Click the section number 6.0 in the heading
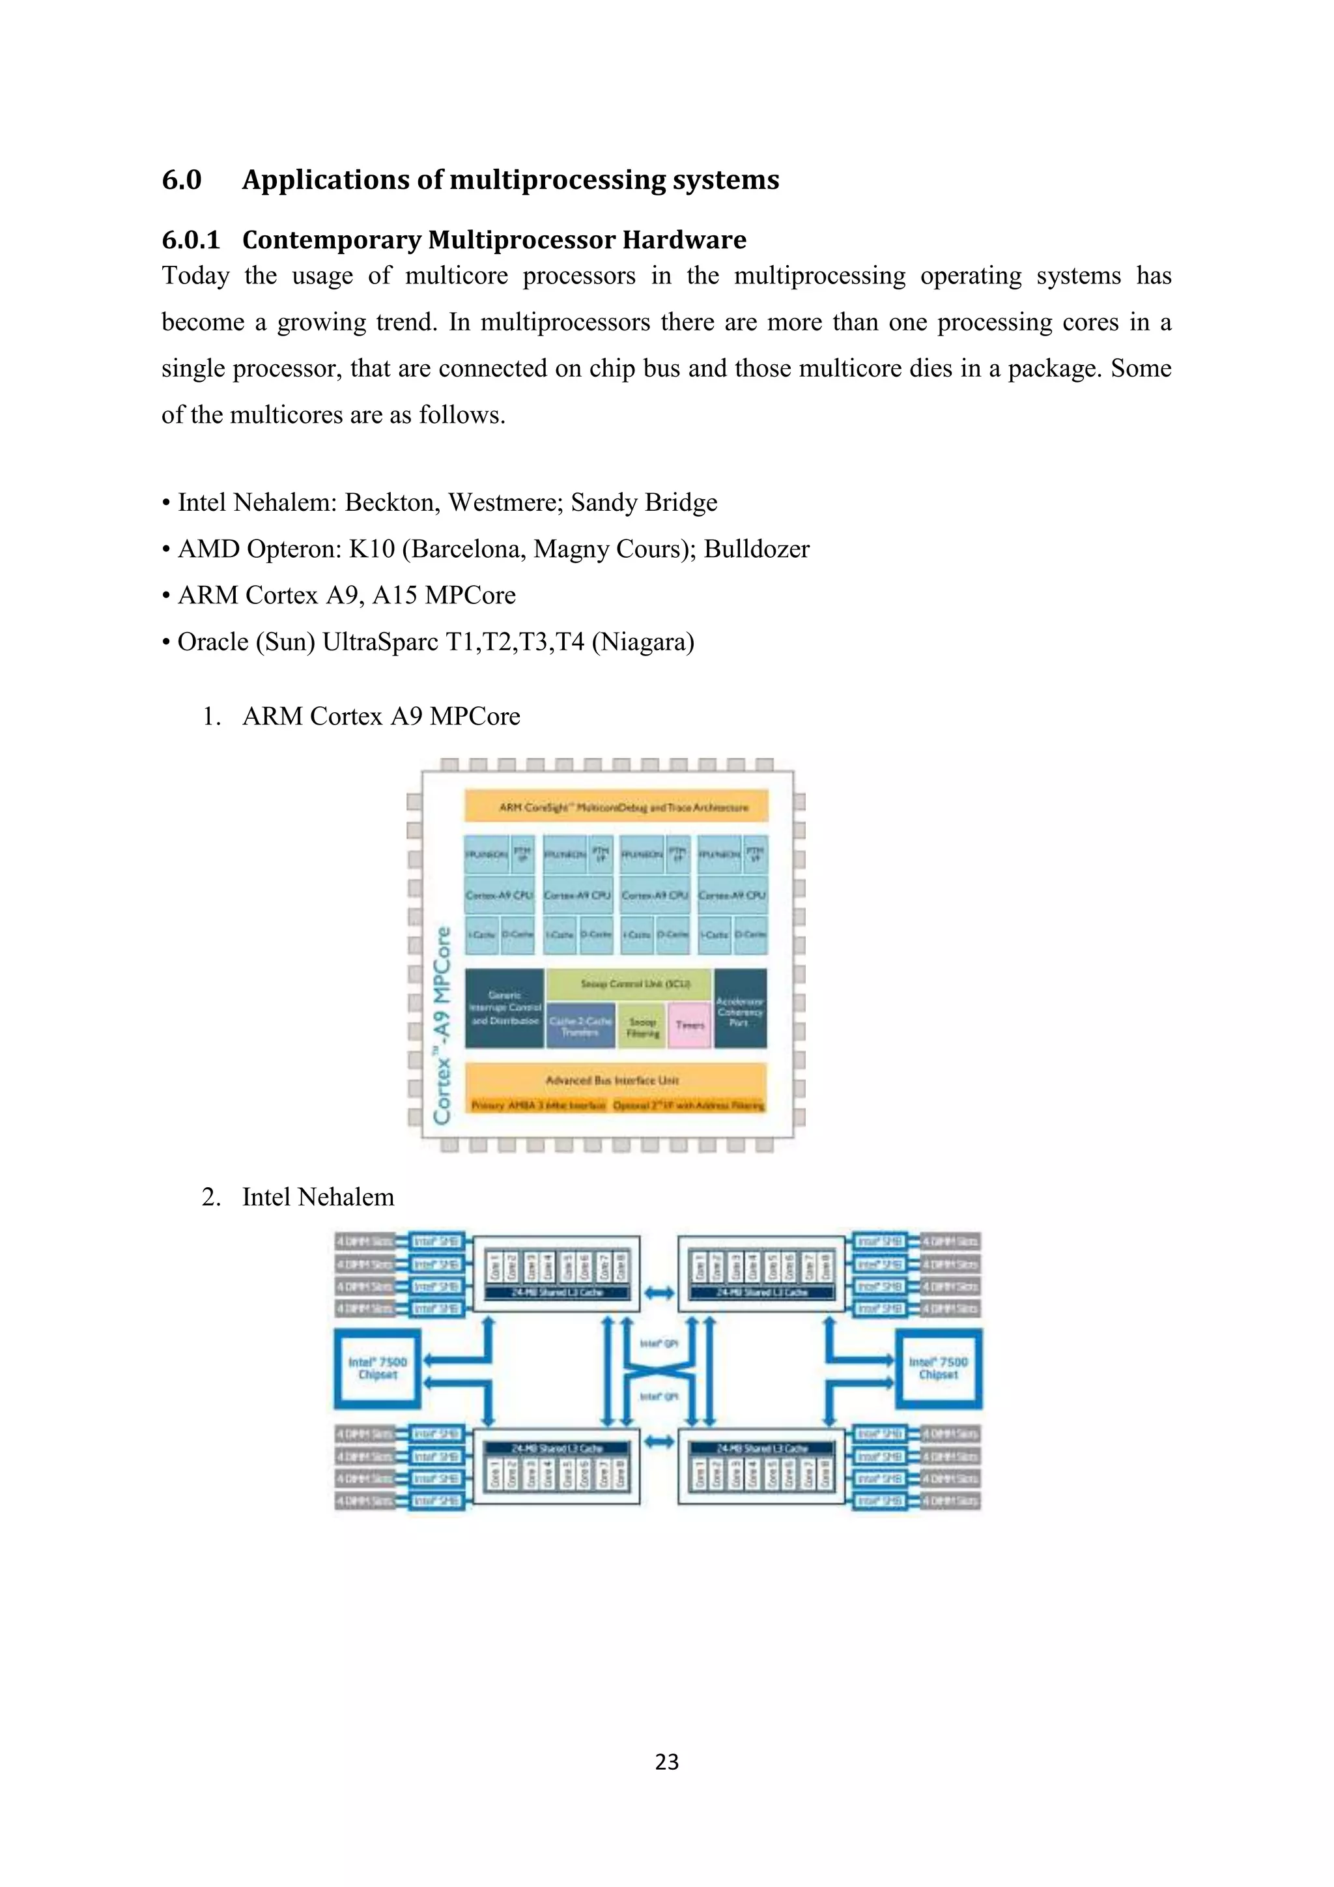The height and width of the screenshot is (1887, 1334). pyautogui.click(x=182, y=179)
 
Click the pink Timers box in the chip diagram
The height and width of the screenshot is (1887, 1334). pyautogui.click(x=689, y=1025)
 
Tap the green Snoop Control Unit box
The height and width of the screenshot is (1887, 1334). pyautogui.click(x=629, y=984)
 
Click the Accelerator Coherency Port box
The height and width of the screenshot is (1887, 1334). pyautogui.click(x=740, y=1009)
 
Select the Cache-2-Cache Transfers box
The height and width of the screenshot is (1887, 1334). pyautogui.click(x=581, y=1026)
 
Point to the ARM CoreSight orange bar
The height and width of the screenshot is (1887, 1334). pyautogui.click(x=616, y=806)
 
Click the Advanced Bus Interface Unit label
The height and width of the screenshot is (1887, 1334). pyautogui.click(x=613, y=1079)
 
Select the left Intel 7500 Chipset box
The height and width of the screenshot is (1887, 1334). pyautogui.click(x=377, y=1368)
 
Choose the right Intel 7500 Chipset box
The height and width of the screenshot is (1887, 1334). pyautogui.click(x=938, y=1368)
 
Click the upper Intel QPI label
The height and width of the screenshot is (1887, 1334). pyautogui.click(x=659, y=1343)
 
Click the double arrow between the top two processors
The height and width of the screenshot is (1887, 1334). pyautogui.click(x=659, y=1293)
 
